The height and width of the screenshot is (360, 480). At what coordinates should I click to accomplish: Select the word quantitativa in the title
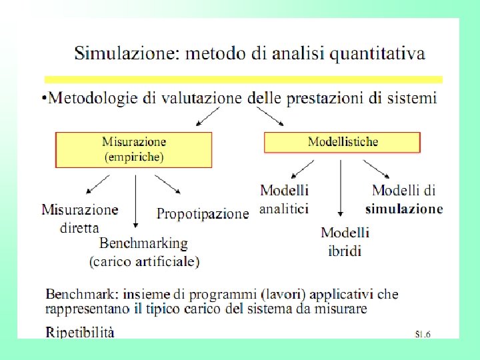coord(378,53)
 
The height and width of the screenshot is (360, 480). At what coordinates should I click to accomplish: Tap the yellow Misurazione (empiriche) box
coord(133,149)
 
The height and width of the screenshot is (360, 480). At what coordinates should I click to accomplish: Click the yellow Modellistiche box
coord(343,142)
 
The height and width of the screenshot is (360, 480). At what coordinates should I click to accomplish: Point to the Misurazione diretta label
coord(80,218)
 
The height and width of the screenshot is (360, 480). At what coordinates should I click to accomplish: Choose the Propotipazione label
coord(202,214)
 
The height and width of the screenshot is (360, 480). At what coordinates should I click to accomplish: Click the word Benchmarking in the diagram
coord(144,244)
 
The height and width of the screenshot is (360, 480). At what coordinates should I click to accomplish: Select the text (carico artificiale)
coord(144,261)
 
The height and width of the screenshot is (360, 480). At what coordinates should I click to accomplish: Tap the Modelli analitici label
coord(284,199)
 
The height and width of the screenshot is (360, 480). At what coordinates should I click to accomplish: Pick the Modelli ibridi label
coord(345,241)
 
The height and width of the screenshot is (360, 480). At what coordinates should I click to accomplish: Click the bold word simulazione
coord(404,209)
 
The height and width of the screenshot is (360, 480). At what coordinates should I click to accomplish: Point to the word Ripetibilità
coord(80,331)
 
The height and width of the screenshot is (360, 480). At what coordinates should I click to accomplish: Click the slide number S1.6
coord(421,333)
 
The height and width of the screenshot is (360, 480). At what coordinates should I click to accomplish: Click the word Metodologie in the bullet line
coord(93,98)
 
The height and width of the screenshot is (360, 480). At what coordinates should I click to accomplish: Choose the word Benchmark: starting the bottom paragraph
coord(76,294)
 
